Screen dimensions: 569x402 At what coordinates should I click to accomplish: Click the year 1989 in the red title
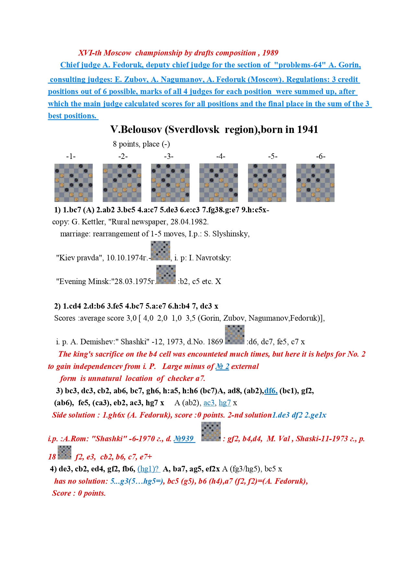click(x=270, y=53)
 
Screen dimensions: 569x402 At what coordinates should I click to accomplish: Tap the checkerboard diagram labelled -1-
click(x=74, y=183)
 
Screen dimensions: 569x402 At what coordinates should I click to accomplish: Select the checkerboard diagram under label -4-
click(x=219, y=183)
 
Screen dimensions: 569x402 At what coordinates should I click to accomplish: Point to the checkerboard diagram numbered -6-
click(x=315, y=183)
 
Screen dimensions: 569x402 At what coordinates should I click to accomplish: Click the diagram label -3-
click(x=169, y=156)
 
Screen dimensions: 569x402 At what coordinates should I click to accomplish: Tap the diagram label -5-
click(x=273, y=156)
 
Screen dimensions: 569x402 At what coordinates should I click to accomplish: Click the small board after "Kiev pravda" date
click(x=160, y=251)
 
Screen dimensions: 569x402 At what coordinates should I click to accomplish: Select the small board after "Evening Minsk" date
click(x=166, y=275)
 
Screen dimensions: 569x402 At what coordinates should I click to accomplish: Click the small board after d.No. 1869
click(x=235, y=335)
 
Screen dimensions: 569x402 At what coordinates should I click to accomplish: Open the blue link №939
click(x=184, y=439)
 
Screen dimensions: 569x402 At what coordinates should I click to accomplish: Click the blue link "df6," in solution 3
click(x=271, y=391)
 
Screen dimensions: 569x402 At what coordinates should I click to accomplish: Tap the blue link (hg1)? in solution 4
click(x=148, y=469)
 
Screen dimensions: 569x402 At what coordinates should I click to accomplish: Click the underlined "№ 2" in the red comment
click(x=222, y=366)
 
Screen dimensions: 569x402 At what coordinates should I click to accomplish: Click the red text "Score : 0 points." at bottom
click(x=79, y=493)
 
